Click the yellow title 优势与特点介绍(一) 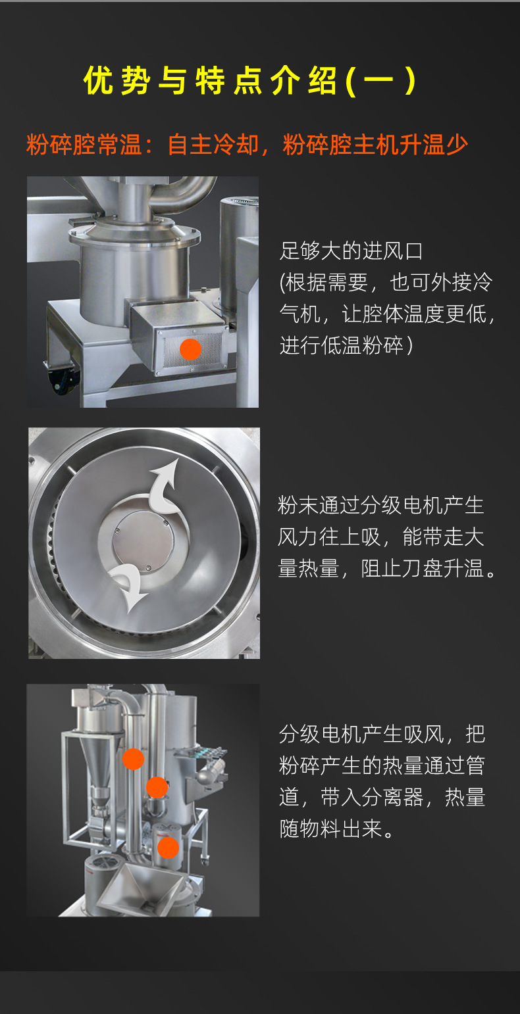[249, 81]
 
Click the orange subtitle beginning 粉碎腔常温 [247, 145]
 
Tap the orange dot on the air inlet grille [190, 349]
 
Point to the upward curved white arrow [164, 487]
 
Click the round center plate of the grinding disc [143, 542]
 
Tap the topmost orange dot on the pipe [133, 759]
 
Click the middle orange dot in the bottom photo [157, 787]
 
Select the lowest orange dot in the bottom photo [168, 848]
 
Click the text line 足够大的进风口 [351, 251]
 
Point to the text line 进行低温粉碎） [346, 345]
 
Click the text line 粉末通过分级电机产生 [381, 505]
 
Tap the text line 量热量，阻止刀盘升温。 [388, 569]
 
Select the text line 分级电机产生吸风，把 [382, 735]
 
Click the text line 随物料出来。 [338, 829]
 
